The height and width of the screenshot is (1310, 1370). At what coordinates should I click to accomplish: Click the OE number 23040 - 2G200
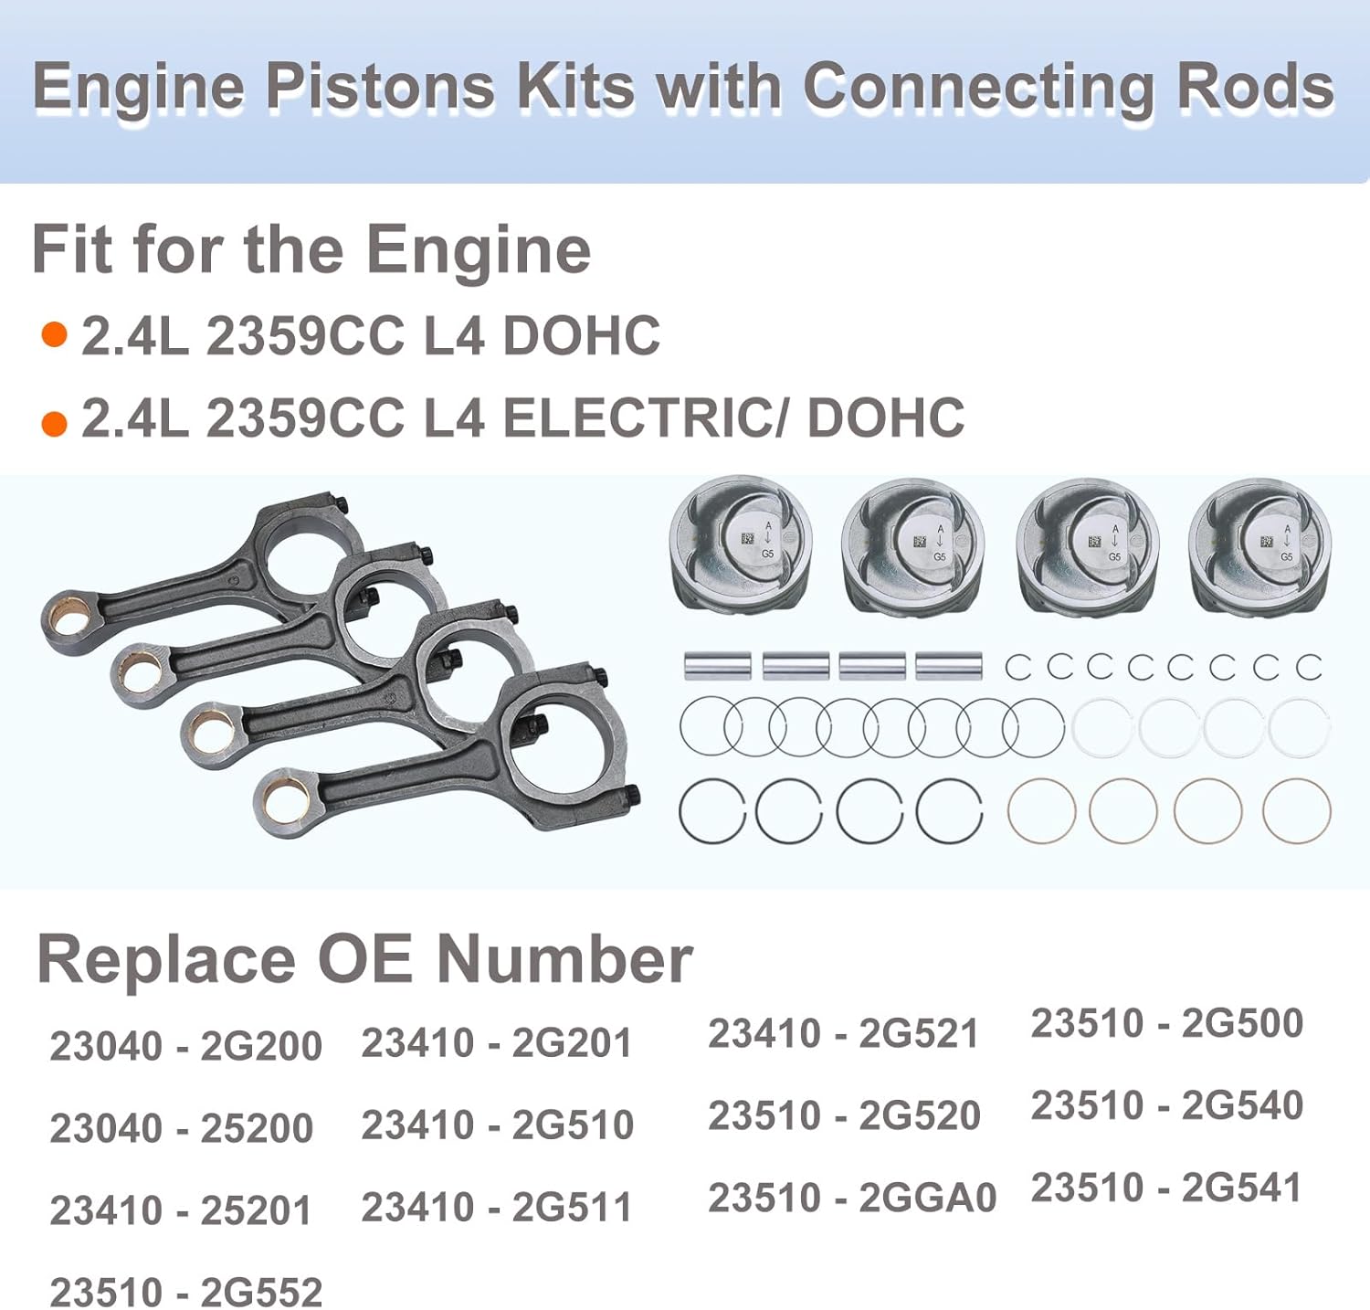pyautogui.click(x=185, y=1046)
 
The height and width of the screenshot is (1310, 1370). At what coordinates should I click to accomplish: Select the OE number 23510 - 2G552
pyautogui.click(x=185, y=1292)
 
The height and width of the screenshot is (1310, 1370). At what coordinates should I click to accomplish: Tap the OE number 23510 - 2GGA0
pyautogui.click(x=851, y=1198)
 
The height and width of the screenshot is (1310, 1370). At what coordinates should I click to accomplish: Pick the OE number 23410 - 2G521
pyautogui.click(x=843, y=1033)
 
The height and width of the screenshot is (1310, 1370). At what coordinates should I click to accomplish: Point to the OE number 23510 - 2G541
pyautogui.click(x=1166, y=1188)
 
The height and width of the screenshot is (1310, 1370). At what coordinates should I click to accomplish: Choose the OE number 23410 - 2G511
pyautogui.click(x=497, y=1207)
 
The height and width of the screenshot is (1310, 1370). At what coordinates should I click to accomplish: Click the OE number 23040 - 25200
pyautogui.click(x=181, y=1128)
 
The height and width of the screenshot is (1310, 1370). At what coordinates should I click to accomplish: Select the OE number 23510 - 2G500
pyautogui.click(x=1166, y=1023)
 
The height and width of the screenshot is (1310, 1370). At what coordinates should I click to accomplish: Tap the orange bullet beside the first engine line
pyautogui.click(x=55, y=335)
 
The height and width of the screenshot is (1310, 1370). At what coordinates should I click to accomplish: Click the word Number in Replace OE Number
pyautogui.click(x=564, y=960)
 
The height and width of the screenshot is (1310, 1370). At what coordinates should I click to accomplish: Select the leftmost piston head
pyautogui.click(x=740, y=546)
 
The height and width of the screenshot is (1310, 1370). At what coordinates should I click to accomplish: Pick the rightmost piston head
pyautogui.click(x=1260, y=546)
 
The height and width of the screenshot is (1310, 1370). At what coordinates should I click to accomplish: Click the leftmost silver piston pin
pyautogui.click(x=717, y=666)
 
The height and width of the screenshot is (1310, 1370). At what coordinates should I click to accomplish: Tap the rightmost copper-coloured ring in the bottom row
pyautogui.click(x=1297, y=810)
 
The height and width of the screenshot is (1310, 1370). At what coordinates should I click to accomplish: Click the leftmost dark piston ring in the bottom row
pyautogui.click(x=712, y=810)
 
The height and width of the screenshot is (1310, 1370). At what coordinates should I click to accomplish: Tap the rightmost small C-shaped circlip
pyautogui.click(x=1309, y=667)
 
